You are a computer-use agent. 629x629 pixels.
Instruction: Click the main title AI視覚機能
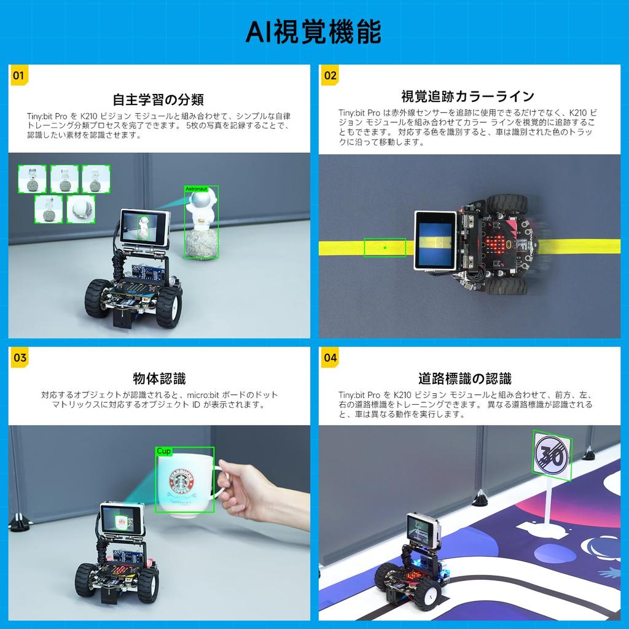click(314, 31)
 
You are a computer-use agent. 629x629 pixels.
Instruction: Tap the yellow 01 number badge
click(18, 76)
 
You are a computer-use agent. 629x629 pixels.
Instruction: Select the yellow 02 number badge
click(330, 76)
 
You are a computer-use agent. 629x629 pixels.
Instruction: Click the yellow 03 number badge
click(20, 357)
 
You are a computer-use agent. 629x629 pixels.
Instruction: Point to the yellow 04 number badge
click(330, 357)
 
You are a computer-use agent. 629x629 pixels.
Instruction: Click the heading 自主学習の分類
click(158, 100)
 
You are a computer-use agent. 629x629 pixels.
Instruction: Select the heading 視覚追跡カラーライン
click(467, 96)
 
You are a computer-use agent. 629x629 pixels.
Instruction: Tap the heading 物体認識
click(159, 378)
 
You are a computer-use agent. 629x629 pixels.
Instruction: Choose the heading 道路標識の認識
click(464, 378)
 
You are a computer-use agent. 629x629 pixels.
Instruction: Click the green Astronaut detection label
click(196, 189)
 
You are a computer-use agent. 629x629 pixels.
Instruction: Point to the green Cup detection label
click(163, 451)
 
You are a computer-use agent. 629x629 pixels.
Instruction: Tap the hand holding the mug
click(249, 488)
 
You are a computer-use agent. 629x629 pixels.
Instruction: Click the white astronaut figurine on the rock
click(201, 212)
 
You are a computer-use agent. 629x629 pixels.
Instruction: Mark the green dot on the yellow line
click(385, 248)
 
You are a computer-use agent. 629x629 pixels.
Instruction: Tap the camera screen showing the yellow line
click(436, 240)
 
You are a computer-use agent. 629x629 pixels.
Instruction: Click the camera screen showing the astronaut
click(144, 226)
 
